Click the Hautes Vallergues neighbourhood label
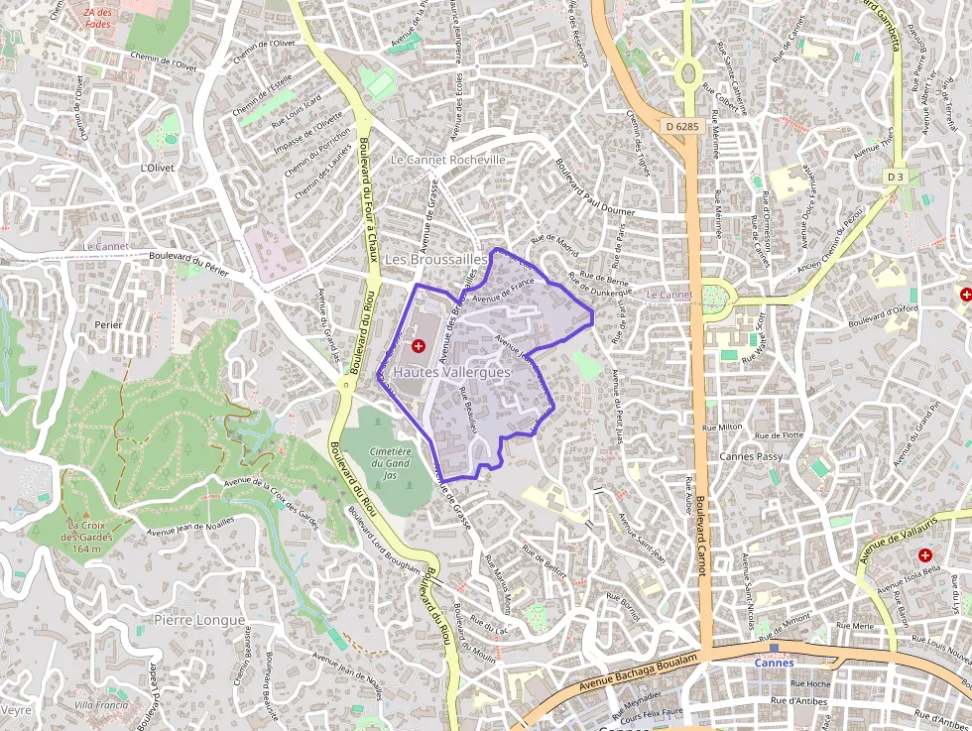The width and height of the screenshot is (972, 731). pyautogui.click(x=451, y=371)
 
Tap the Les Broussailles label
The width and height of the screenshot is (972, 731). pyautogui.click(x=435, y=259)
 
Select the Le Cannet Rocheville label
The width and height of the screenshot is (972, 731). pyautogui.click(x=448, y=159)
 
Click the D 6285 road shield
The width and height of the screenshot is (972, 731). pyautogui.click(x=682, y=126)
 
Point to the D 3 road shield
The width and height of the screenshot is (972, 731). pyautogui.click(x=896, y=177)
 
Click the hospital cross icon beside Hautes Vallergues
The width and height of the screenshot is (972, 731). pyautogui.click(x=419, y=346)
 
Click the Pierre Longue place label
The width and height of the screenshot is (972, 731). pyautogui.click(x=198, y=620)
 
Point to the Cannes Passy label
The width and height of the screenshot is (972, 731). pyautogui.click(x=751, y=457)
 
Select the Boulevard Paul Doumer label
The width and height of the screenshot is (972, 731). pyautogui.click(x=594, y=188)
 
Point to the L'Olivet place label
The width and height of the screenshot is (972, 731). pyautogui.click(x=158, y=168)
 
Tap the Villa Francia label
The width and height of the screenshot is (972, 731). pyautogui.click(x=101, y=704)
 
